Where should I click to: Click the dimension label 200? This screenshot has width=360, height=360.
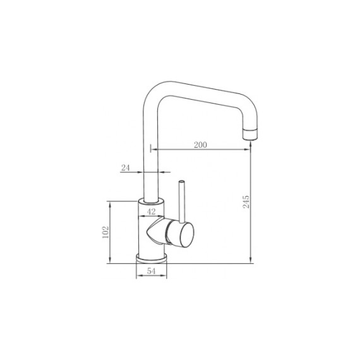(200, 145)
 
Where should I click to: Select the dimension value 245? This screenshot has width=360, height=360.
(246, 202)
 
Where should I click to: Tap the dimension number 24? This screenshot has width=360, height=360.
(125, 168)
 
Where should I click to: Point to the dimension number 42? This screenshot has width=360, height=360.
(151, 212)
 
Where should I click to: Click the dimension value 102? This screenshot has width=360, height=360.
(105, 232)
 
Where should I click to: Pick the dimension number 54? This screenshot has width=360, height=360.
(151, 271)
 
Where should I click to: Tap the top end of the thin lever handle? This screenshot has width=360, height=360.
(181, 182)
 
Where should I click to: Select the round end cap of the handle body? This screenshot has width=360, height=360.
(187, 236)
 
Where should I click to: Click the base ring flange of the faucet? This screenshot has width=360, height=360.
(152, 258)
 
